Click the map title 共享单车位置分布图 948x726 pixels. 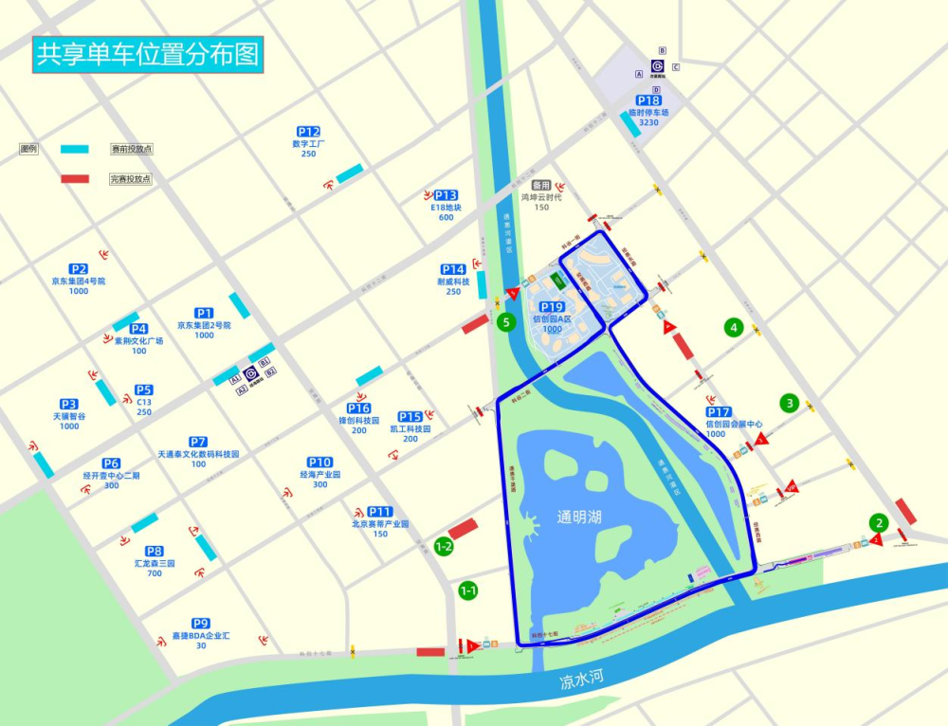(x=147, y=54)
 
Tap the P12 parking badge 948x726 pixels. (x=308, y=132)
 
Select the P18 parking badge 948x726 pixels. (x=648, y=100)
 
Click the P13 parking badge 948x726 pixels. (x=446, y=195)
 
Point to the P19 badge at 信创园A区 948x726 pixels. (x=552, y=307)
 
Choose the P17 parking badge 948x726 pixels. (x=719, y=412)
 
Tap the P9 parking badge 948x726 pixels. (x=201, y=624)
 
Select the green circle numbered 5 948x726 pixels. (x=507, y=322)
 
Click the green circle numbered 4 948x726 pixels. (x=733, y=328)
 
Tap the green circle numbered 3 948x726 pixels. (x=790, y=403)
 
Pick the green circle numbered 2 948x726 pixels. (x=879, y=522)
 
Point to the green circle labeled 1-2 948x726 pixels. (x=443, y=546)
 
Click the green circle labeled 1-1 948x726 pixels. (x=467, y=590)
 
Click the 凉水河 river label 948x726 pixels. (x=581, y=680)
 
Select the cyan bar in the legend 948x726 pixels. (x=74, y=149)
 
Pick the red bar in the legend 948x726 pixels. (x=74, y=178)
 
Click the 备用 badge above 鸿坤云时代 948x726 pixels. (x=541, y=185)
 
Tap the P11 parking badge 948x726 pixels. (x=380, y=511)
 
